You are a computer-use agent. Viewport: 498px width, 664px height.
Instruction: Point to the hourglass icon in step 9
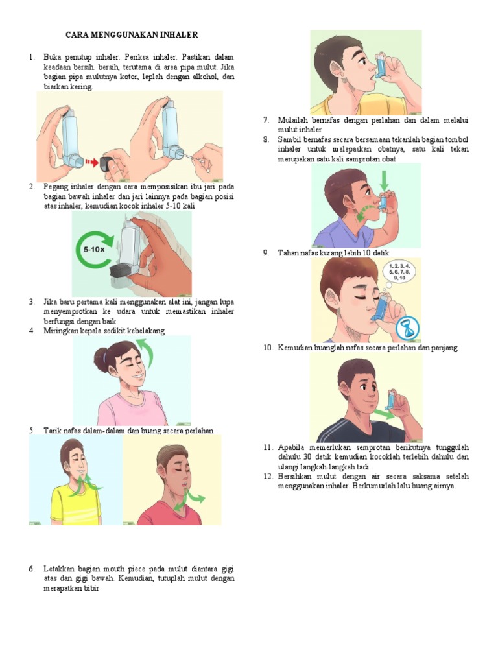[x=409, y=326]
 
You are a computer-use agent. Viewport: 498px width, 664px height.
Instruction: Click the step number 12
[x=268, y=477]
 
